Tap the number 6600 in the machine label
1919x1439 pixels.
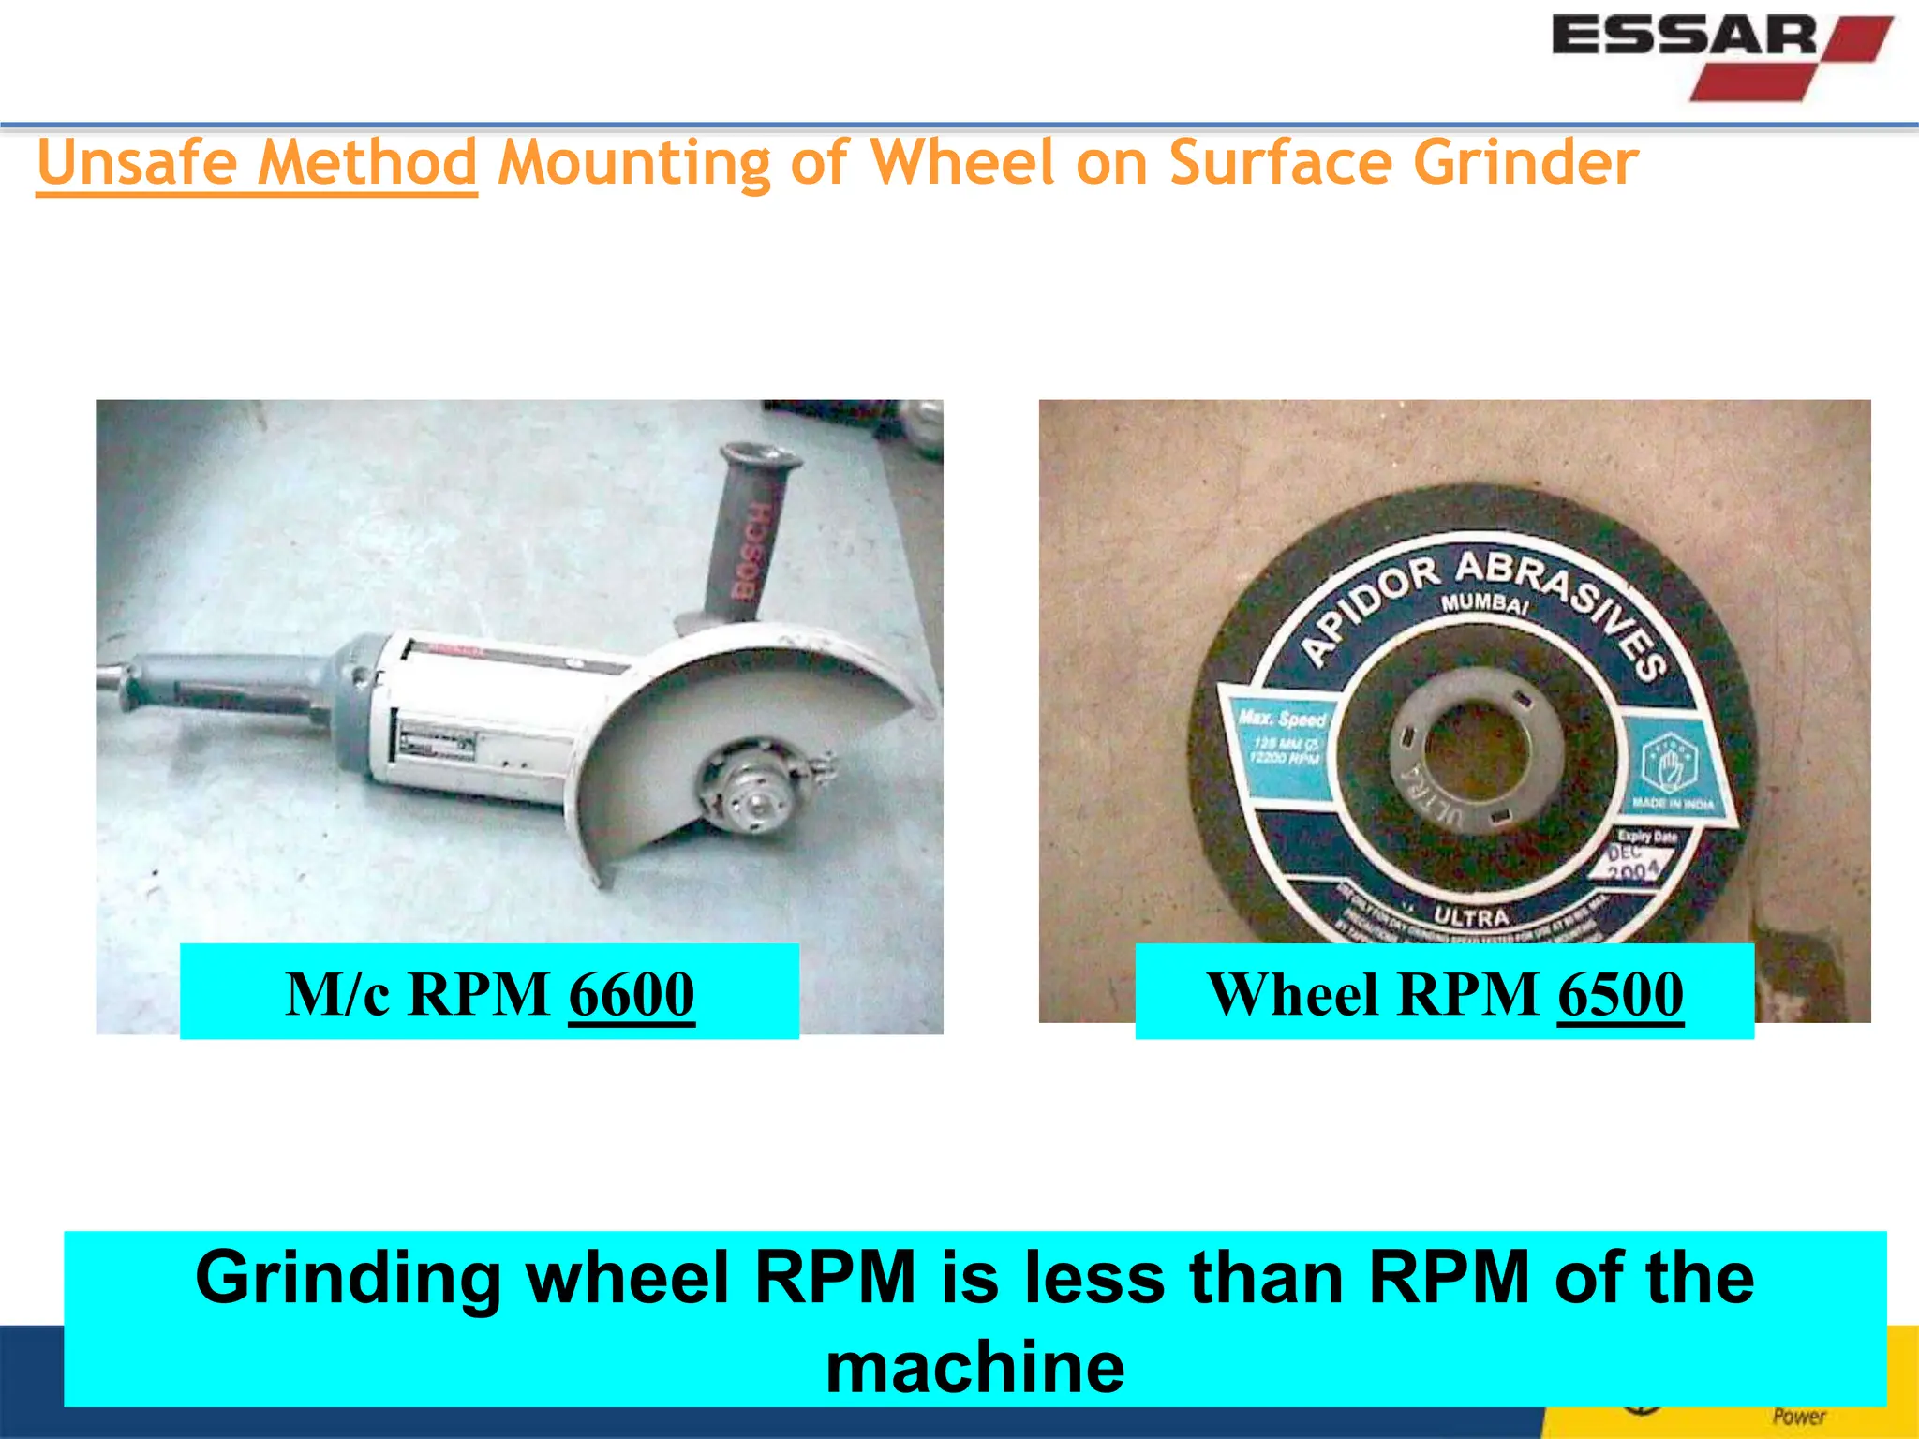[632, 994]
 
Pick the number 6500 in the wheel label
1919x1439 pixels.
[1620, 994]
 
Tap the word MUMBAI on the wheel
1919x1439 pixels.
[1484, 601]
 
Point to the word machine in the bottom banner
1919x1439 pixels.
[974, 1367]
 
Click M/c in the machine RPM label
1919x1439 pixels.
[337, 994]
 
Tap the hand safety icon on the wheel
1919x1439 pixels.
[1669, 764]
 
